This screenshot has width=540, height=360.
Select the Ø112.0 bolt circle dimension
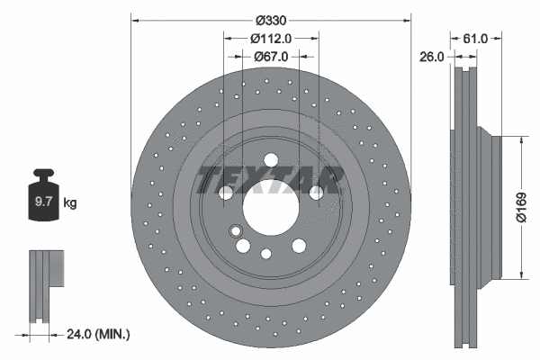coord(271,38)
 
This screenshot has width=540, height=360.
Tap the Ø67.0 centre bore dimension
coord(271,56)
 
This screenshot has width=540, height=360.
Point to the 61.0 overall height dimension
coord(474,39)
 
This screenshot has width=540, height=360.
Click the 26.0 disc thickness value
coord(433,57)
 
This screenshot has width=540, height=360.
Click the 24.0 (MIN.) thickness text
coord(99,334)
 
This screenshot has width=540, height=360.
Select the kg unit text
coord(69,203)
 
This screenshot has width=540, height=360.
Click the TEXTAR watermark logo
coord(271,177)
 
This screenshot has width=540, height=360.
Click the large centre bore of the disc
coord(271,203)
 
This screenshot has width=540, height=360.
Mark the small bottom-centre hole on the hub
coord(265,255)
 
